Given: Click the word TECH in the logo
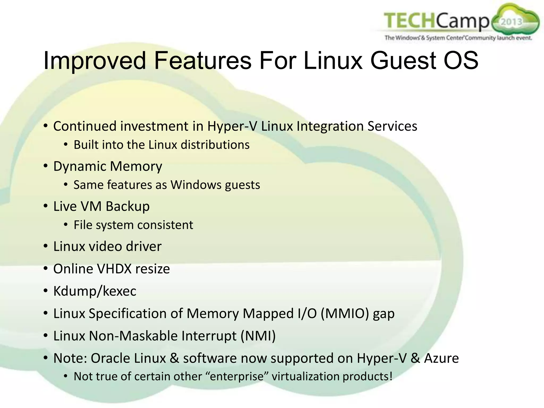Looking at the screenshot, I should (409, 21).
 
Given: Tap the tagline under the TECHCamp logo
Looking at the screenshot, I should (458, 38).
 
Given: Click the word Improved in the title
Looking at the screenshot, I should (94, 61).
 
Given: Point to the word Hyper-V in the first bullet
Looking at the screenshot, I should (232, 126).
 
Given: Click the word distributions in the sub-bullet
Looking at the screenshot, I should (215, 145).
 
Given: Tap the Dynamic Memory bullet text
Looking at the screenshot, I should (108, 166).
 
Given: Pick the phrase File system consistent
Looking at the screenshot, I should (133, 225).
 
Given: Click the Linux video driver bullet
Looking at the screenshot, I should (107, 246).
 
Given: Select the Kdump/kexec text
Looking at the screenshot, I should (95, 291).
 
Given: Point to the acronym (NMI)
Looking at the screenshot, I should (258, 336).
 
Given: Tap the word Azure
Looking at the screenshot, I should (441, 358).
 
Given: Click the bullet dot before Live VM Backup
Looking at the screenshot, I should (46, 206).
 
